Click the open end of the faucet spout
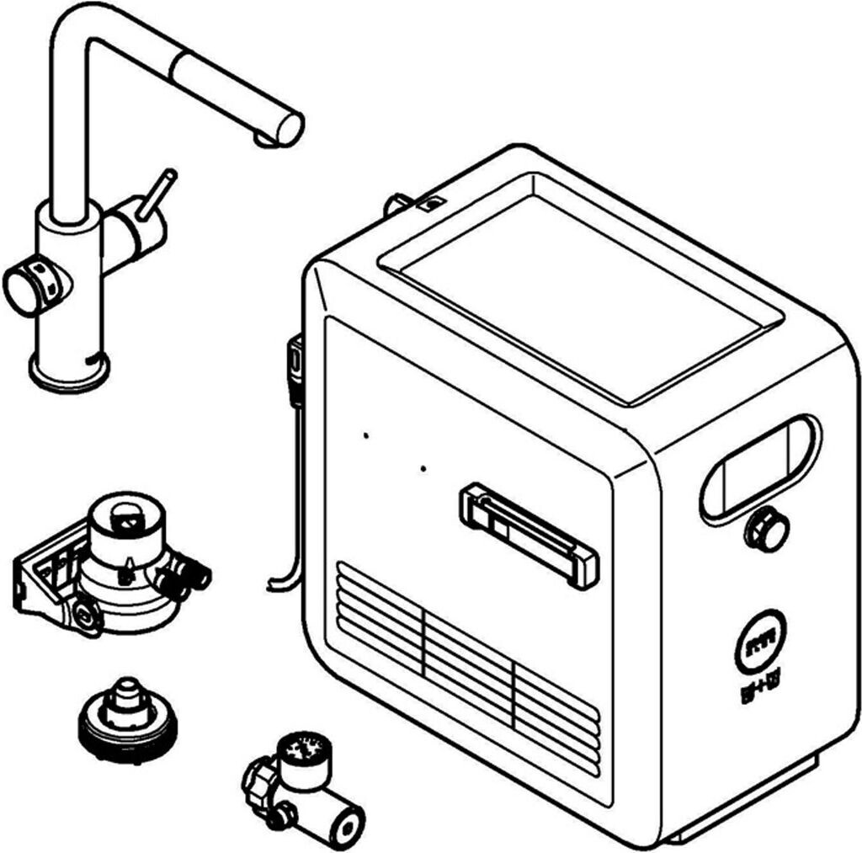point(289,129)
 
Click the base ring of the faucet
point(69,371)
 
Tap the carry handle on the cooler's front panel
point(529,536)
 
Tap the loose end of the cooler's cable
point(271,585)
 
